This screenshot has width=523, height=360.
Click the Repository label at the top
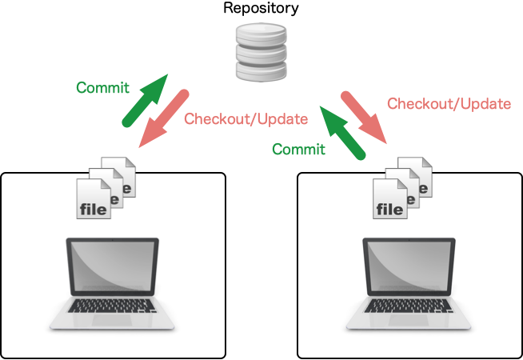coord(261,10)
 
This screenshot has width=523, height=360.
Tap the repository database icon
coord(261,52)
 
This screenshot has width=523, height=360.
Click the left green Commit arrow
coord(145,101)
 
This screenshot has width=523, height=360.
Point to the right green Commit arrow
coord(343,132)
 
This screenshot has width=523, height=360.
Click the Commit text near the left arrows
coord(102,87)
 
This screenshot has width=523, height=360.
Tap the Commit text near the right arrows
coord(298,149)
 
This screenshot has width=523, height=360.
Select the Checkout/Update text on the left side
coord(246,119)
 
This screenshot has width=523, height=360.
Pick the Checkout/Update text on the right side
coord(449,103)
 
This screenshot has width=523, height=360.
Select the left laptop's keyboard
coord(112,306)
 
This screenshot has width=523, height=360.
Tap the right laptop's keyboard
coord(410,306)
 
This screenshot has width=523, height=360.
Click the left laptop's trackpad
coord(111,320)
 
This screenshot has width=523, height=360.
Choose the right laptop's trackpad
coord(409,320)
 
